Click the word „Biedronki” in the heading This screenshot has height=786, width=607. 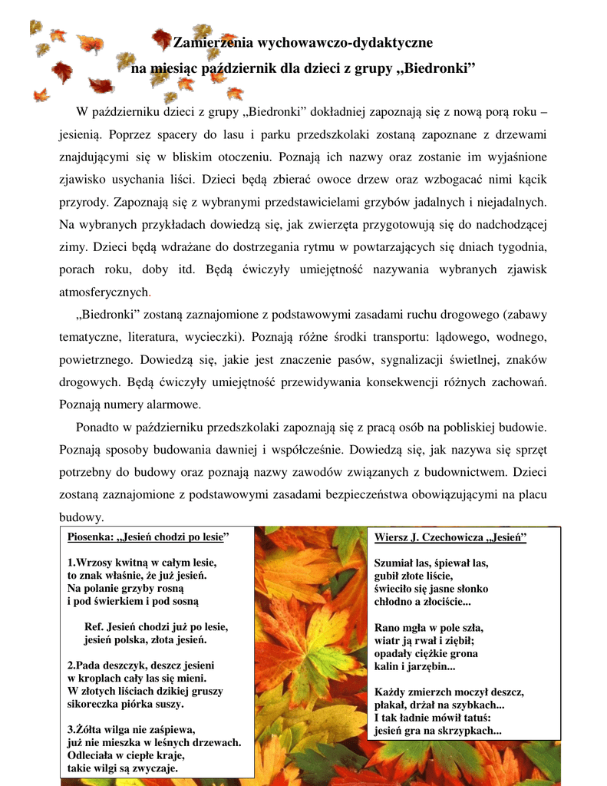pos(435,70)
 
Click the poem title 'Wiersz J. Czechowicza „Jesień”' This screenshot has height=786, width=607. pos(450,537)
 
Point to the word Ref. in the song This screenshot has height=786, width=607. pos(94,626)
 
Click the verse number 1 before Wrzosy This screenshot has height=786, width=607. pos(70,563)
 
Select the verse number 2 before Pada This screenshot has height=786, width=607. pos(70,665)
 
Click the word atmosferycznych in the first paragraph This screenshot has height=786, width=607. pos(104,292)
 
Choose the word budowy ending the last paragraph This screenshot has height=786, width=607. pos(80,517)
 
